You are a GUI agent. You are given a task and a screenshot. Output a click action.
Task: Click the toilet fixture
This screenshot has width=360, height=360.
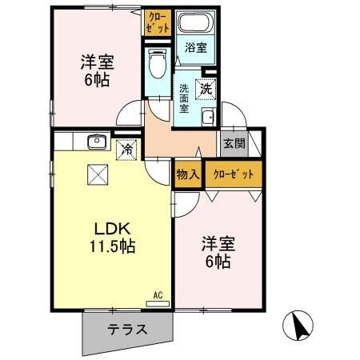[157, 62]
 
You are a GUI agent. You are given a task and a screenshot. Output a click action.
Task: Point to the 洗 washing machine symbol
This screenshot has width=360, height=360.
[206, 90]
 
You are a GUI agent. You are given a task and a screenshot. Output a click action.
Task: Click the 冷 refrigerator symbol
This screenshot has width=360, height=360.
[126, 149]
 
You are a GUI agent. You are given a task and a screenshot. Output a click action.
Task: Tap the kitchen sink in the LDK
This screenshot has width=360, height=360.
[98, 142]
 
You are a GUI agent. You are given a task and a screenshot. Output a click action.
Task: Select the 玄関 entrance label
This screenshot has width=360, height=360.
[233, 145]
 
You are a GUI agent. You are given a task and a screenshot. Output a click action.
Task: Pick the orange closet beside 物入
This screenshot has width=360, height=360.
[233, 174]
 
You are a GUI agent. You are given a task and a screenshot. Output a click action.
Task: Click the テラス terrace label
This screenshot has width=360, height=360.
[127, 328]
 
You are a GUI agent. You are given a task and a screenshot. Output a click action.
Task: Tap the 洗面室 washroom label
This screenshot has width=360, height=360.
[185, 98]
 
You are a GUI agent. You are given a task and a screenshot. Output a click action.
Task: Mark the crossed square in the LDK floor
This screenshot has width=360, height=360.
[97, 174]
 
